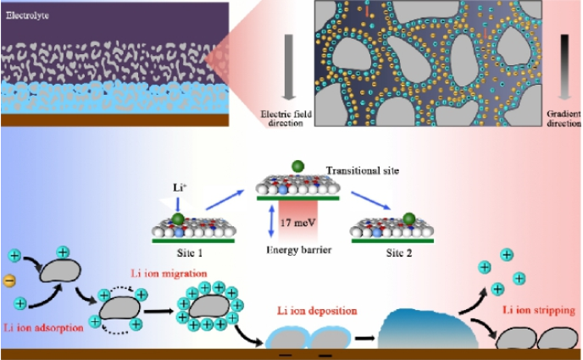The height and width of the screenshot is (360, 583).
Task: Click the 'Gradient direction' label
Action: [563, 118]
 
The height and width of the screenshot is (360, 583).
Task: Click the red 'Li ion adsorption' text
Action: [44, 327]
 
